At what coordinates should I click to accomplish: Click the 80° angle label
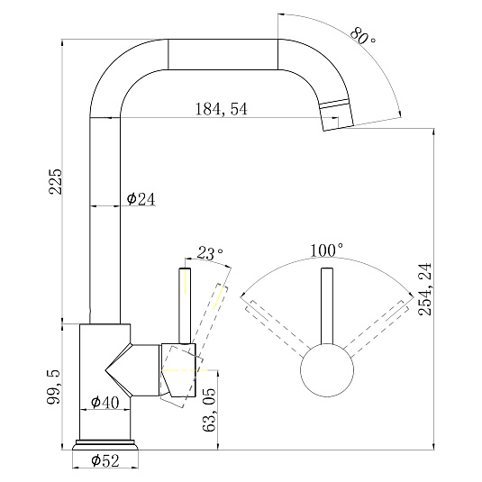363,36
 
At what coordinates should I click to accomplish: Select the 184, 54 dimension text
221,109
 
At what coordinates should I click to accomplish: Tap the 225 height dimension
56,181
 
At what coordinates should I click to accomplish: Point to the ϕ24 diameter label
141,199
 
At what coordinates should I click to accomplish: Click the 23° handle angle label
210,253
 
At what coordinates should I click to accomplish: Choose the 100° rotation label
326,250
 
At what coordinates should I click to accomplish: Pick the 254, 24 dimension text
425,289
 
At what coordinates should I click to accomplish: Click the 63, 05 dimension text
209,410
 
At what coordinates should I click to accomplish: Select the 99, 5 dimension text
54,387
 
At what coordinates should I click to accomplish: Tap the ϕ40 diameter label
105,402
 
